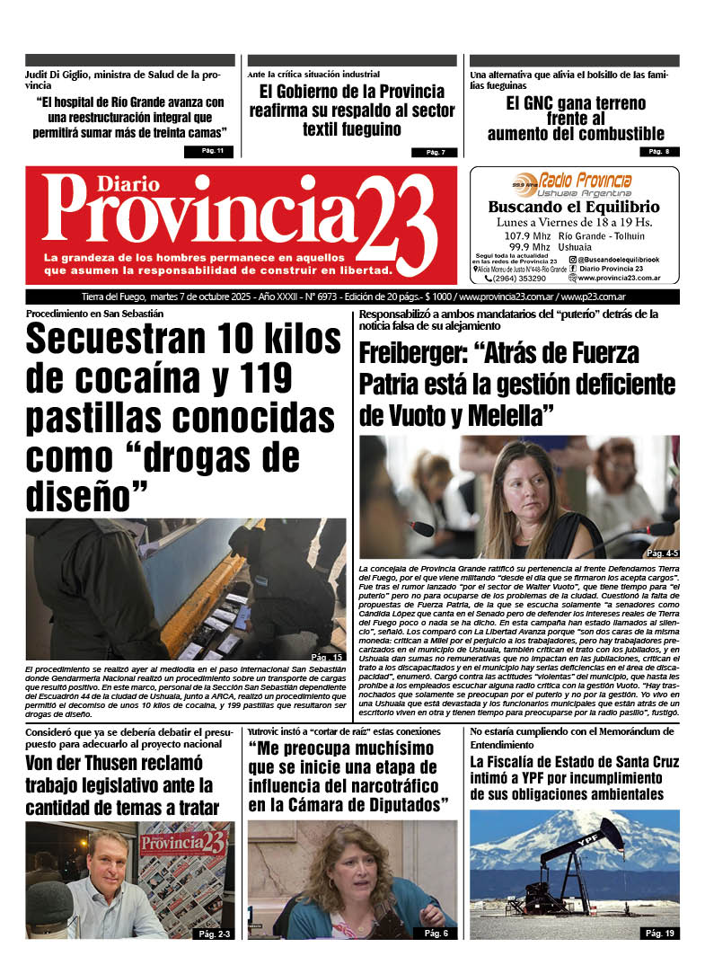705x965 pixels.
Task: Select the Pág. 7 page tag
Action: click(435, 152)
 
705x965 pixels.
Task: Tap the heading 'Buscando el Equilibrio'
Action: click(574, 207)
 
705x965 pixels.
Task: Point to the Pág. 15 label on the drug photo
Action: click(327, 657)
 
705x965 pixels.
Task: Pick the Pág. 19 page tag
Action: click(659, 934)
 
